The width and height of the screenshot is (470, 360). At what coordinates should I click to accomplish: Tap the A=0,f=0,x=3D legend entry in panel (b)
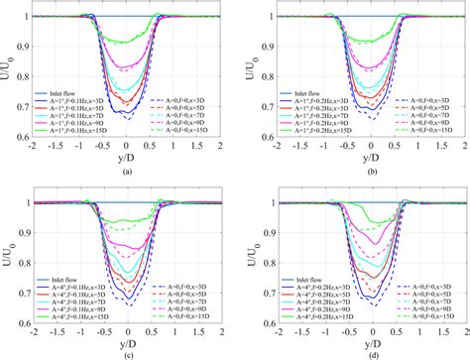(x=420, y=103)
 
